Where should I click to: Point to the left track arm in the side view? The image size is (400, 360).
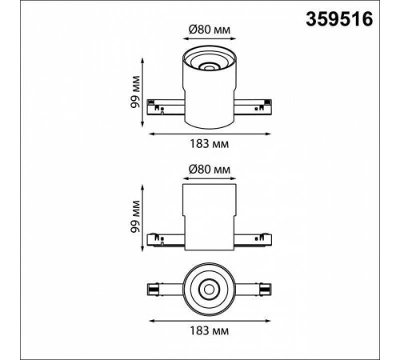pos(166,238)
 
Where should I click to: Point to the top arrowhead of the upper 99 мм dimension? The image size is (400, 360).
pos(143,57)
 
